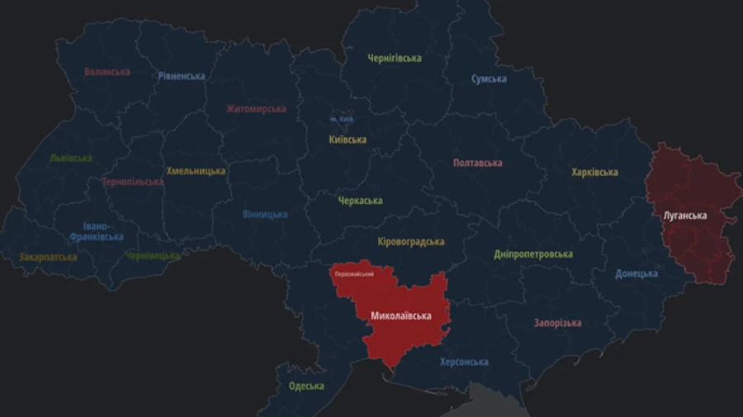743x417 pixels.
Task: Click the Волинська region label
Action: (107, 72)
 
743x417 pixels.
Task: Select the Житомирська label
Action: (256, 108)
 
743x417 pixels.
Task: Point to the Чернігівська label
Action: (395, 58)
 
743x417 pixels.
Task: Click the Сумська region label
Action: (489, 78)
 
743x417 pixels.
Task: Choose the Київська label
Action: (348, 140)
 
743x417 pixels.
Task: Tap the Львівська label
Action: (70, 158)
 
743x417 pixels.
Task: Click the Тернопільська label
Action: (132, 182)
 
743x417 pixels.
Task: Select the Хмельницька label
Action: (196, 171)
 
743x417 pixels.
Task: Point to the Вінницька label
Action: (265, 214)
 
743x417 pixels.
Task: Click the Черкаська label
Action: (360, 201)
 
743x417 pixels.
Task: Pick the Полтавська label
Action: (477, 163)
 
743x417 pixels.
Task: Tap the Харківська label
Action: (594, 172)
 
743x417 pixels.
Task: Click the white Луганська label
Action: (684, 216)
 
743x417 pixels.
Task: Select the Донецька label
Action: (637, 273)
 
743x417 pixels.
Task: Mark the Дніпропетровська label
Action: (533, 254)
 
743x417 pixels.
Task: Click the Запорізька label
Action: (557, 323)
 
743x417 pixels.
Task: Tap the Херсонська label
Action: (464, 362)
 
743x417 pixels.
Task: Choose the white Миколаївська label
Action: (401, 315)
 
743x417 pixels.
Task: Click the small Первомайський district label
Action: (354, 273)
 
